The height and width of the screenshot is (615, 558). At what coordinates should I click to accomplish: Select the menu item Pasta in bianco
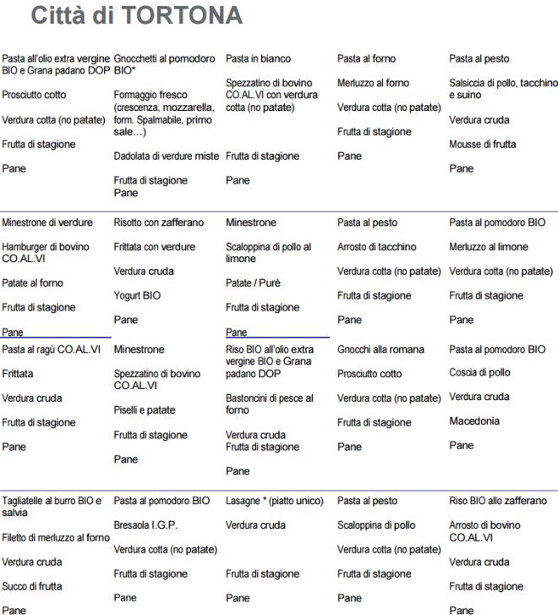point(258,58)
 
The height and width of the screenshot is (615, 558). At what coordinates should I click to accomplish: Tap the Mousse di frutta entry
point(482,144)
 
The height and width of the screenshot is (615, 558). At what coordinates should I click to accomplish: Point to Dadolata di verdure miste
point(166,156)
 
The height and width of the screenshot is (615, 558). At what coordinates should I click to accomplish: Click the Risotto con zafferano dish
point(158,222)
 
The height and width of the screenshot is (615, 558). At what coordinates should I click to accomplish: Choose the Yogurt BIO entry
point(137,295)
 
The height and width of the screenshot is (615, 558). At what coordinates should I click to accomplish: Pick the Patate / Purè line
point(253,283)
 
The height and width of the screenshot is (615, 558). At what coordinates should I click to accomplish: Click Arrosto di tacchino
point(376,247)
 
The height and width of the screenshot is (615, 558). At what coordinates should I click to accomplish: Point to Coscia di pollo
point(479,372)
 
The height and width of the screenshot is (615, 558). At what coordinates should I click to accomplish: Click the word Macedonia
point(474,420)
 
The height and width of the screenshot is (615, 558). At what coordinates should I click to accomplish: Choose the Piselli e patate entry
point(145,409)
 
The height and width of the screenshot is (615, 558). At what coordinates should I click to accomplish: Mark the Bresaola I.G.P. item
point(145,524)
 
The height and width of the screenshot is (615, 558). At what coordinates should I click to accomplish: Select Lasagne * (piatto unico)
point(274,501)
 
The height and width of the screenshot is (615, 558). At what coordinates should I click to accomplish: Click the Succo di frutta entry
point(31,585)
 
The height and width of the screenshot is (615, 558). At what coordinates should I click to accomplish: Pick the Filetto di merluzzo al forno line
point(55,537)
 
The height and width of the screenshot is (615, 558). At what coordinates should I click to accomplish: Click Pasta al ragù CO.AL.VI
point(51,349)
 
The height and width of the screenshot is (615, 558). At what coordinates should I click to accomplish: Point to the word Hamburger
point(26,247)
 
